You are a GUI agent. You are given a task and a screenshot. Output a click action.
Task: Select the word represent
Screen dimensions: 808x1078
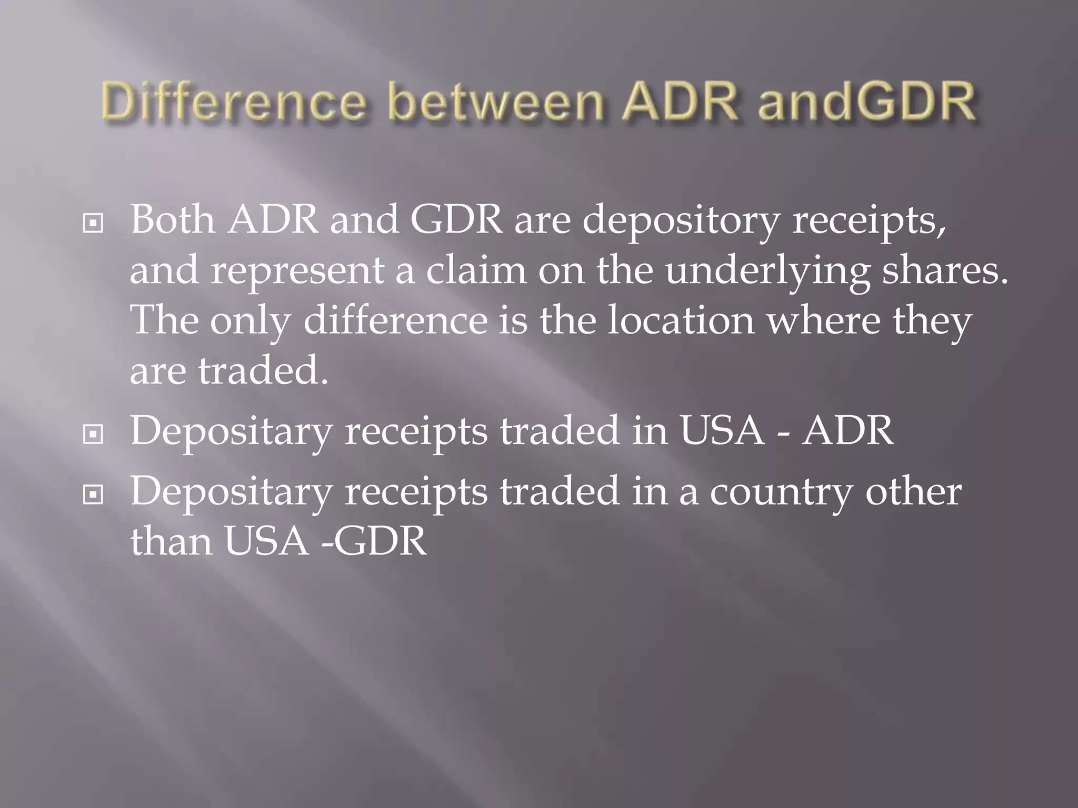[x=297, y=271]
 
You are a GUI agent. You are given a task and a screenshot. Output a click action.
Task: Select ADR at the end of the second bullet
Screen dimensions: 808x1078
[x=847, y=430]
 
